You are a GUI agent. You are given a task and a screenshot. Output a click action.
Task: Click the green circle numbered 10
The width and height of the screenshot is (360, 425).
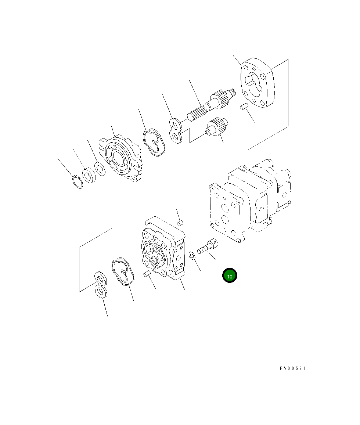230,275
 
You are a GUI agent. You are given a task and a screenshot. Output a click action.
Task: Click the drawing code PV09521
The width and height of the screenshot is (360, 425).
293,368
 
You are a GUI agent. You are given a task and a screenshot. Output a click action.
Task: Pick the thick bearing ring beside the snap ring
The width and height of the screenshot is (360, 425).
89,176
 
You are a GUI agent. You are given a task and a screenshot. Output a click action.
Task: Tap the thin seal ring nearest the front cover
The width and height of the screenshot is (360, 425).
100,169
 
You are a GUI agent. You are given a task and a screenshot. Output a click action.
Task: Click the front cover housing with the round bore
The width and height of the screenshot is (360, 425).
120,159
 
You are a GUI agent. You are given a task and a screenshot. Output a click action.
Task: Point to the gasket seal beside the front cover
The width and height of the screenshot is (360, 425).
154,143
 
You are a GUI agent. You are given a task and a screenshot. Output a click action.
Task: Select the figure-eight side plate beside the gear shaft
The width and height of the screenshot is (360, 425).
176,131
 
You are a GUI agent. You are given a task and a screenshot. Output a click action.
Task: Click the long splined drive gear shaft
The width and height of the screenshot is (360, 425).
212,105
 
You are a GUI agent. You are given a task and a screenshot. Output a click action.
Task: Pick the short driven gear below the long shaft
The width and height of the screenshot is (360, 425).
217,127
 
